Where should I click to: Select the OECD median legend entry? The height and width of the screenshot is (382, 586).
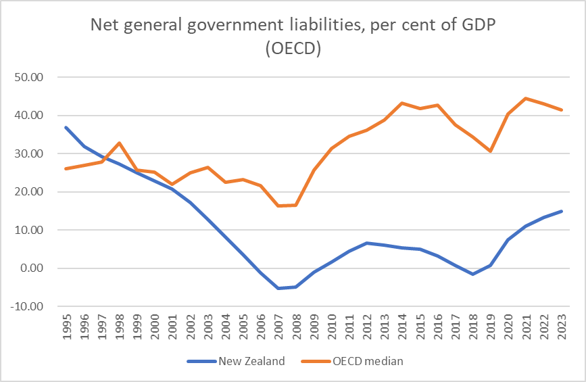tap(368, 361)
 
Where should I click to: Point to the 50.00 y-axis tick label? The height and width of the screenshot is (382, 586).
tap(28, 77)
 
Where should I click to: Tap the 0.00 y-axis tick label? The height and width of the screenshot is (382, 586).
tap(31, 268)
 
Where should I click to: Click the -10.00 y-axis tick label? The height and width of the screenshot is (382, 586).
tap(27, 306)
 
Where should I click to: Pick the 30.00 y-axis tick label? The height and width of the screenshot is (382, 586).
tap(28, 153)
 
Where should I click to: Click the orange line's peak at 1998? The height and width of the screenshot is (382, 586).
tap(119, 143)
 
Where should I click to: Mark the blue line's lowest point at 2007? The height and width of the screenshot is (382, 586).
tap(278, 288)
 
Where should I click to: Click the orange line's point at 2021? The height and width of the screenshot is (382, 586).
tap(526, 99)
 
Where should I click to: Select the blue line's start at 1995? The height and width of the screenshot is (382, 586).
tap(66, 127)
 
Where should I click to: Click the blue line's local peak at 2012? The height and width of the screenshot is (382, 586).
tap(366, 243)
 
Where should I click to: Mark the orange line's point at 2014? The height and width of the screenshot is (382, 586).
tap(402, 103)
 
